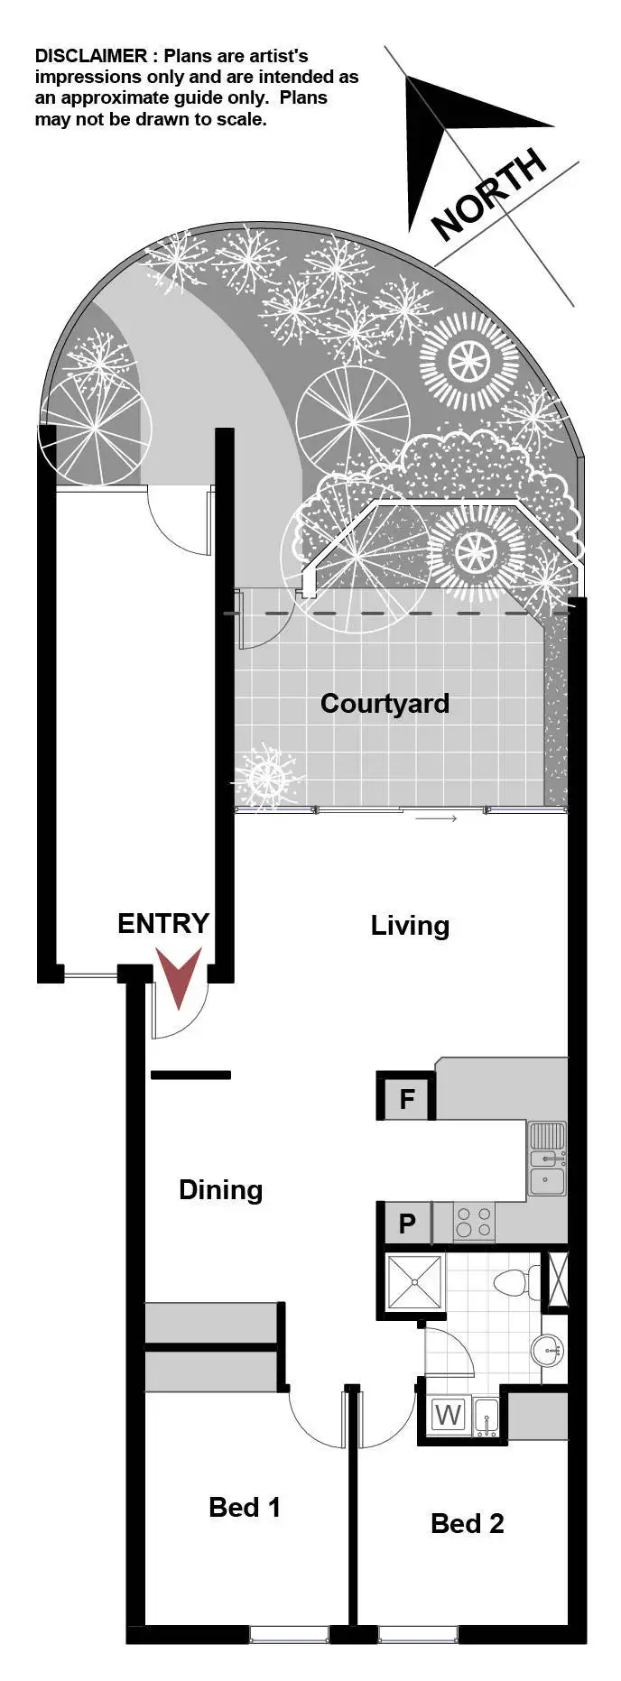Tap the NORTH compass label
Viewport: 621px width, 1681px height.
coord(488,194)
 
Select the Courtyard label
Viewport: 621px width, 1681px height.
coord(385,704)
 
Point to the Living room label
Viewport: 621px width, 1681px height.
coord(410,926)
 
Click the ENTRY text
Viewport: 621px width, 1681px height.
coord(163,923)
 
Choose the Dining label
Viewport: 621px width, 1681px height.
coord(220,1190)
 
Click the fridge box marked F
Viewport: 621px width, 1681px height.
coord(407,1099)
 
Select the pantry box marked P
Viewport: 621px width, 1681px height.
coord(407,1224)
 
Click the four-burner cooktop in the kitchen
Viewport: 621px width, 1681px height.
coord(474,1223)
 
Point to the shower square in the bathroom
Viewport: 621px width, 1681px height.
coord(414,1281)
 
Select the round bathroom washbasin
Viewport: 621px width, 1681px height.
coord(546,1351)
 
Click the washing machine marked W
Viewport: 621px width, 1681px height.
coord(448,1415)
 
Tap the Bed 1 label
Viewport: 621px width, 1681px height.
coord(244,1507)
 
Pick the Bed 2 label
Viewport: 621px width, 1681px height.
coord(467,1524)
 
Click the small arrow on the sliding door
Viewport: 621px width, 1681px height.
coord(437,818)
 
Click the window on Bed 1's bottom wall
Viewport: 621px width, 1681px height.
coord(289,1633)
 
